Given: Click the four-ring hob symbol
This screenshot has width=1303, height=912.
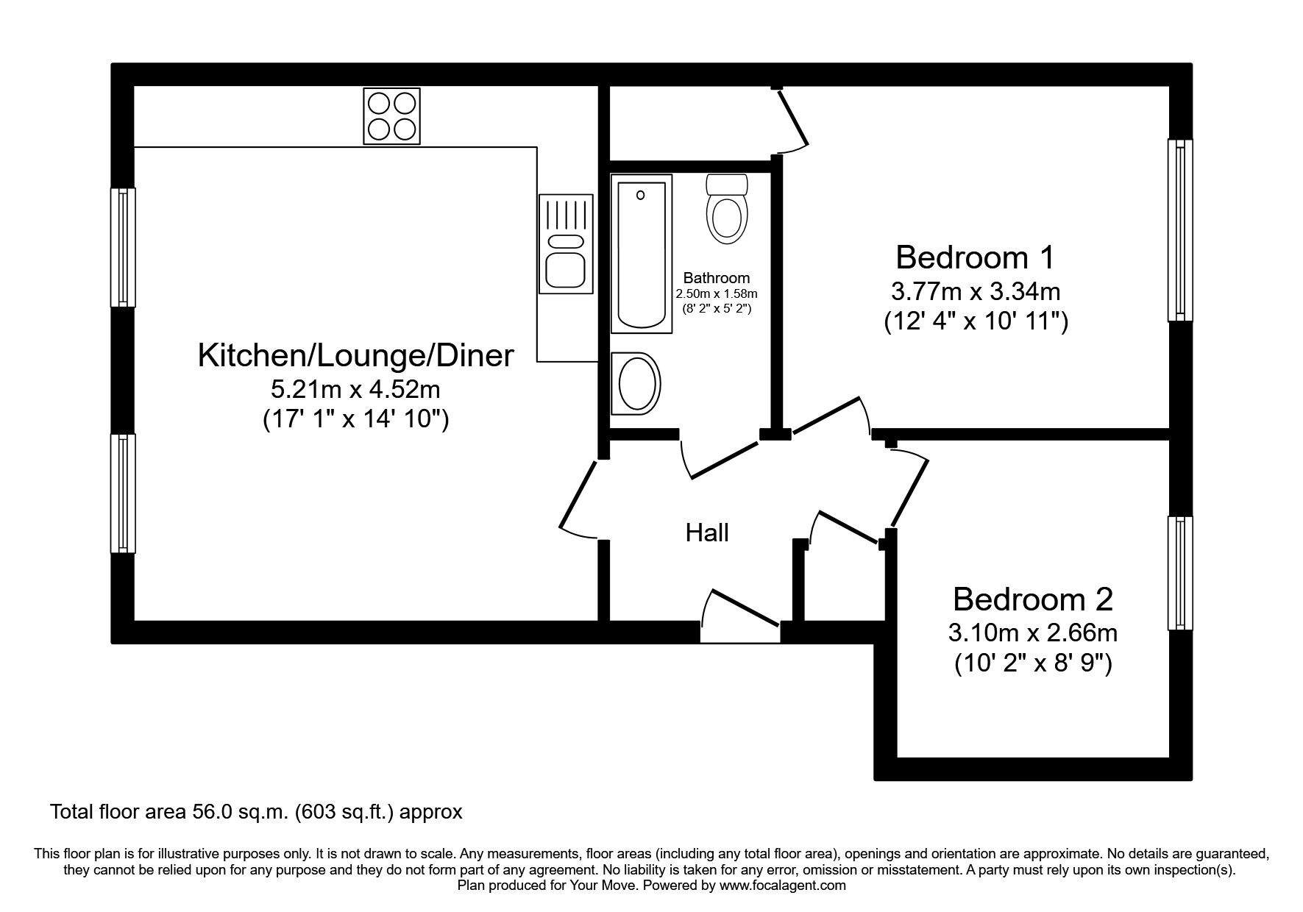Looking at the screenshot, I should (391, 116).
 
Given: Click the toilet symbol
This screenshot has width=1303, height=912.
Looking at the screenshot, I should (727, 209).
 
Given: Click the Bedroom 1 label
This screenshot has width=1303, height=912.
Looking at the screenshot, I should (975, 257).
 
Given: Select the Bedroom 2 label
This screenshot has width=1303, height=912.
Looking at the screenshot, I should (1032, 599).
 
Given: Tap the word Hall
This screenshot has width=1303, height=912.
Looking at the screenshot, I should (707, 532).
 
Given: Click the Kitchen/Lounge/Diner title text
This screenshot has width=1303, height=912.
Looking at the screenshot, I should (355, 356).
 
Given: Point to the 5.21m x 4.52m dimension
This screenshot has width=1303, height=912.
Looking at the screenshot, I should (356, 388).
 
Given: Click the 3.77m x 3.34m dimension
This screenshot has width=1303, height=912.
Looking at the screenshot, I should (975, 292).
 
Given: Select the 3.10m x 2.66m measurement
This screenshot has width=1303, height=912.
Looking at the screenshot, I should (1034, 633).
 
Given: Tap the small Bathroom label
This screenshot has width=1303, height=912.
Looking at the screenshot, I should (716, 278).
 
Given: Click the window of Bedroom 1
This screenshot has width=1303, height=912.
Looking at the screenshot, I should (1179, 230).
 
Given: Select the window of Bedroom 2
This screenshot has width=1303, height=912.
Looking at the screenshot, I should (1179, 573).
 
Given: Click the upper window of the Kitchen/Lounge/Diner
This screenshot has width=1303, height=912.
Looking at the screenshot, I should (123, 247).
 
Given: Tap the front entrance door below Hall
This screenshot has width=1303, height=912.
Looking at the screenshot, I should (739, 616).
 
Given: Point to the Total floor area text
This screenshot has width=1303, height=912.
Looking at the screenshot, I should (256, 812).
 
